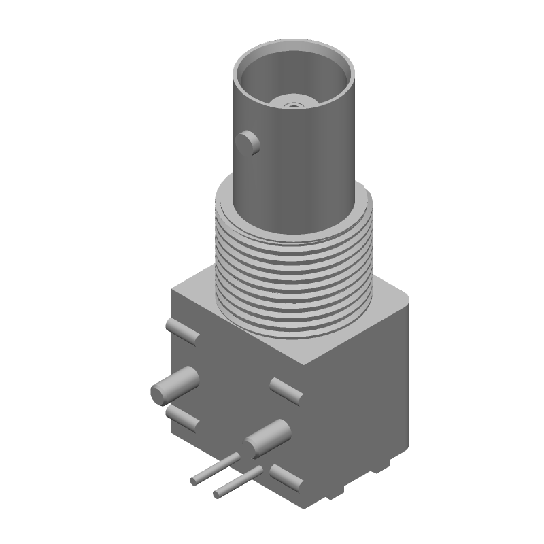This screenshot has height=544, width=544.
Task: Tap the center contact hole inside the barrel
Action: click(x=294, y=105)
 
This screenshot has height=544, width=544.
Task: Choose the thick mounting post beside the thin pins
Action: click(x=267, y=439)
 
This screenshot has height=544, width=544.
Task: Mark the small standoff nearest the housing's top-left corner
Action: click(x=183, y=332)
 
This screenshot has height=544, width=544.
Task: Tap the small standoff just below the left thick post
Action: click(x=182, y=418)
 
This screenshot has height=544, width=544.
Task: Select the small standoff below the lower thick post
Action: click(x=286, y=477)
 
